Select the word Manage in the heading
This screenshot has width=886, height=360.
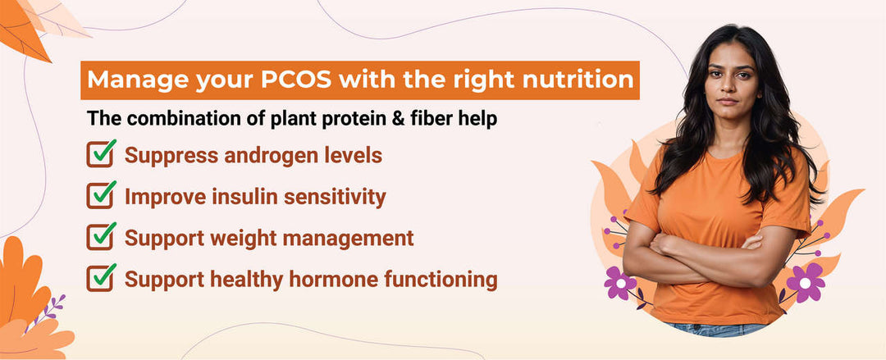tap(132, 81)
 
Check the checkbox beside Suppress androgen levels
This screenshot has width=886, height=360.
tap(100, 154)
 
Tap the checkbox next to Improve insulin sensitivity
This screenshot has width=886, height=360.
tap(100, 195)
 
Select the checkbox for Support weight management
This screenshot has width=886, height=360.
tap(100, 237)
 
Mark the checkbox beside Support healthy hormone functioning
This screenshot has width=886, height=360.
tap(100, 279)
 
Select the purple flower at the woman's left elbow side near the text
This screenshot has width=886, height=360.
tap(620, 283)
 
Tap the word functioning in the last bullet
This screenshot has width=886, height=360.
tap(437, 280)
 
